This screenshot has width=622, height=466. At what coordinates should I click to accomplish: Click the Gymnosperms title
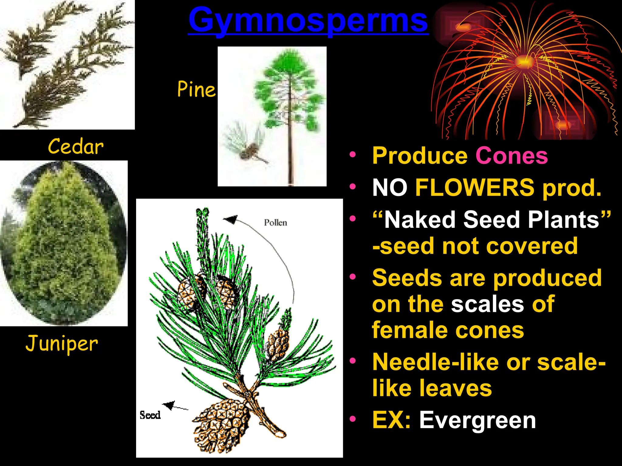(x=308, y=21)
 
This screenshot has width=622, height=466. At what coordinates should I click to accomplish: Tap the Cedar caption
(x=76, y=147)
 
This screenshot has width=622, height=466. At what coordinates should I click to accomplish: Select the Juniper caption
(x=62, y=344)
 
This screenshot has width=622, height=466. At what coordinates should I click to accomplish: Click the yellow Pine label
(x=196, y=89)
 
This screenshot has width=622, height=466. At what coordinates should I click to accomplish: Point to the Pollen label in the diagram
(x=275, y=223)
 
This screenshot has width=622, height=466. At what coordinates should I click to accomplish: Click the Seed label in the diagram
(x=150, y=415)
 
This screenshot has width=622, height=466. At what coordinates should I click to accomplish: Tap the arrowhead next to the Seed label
(x=169, y=405)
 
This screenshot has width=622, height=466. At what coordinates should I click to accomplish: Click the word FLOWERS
(x=474, y=187)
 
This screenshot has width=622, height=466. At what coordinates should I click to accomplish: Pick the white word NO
(x=390, y=187)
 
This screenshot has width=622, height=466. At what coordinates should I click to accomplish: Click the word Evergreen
(x=477, y=420)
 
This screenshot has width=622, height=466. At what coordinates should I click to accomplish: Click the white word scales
(x=487, y=304)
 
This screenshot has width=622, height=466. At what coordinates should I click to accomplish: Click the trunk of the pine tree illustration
(x=290, y=152)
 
